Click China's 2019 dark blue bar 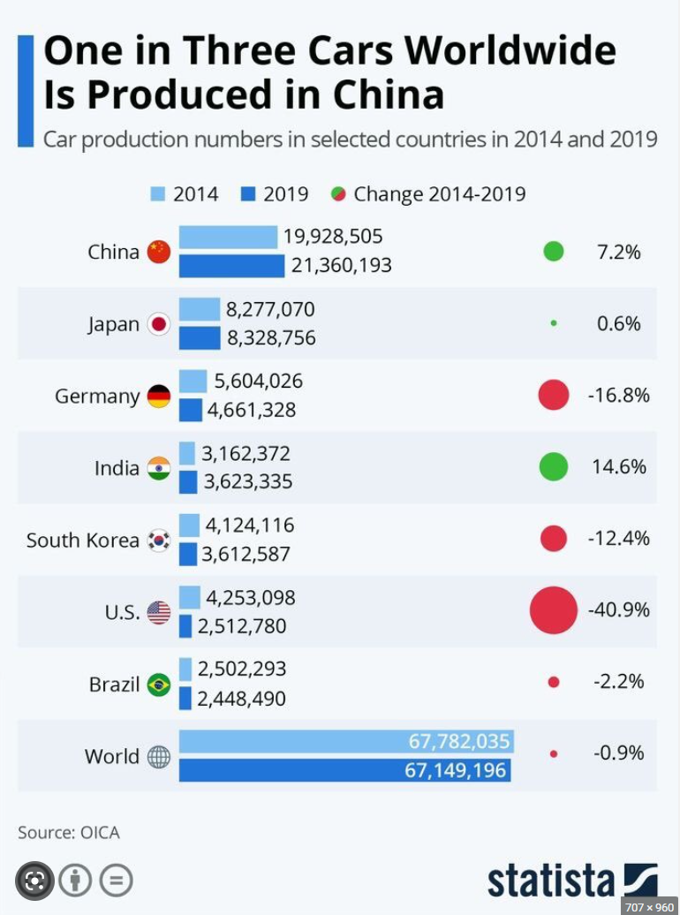pyautogui.click(x=231, y=266)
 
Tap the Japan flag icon pyautogui.click(x=159, y=324)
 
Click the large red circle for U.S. pyautogui.click(x=554, y=609)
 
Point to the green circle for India pyautogui.click(x=554, y=467)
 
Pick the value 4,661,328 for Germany pyautogui.click(x=252, y=410)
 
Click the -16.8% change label pyautogui.click(x=619, y=395)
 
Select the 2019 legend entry pyautogui.click(x=275, y=193)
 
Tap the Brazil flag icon pyautogui.click(x=159, y=684)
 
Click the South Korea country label pyautogui.click(x=83, y=540)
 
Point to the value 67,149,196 pyautogui.click(x=456, y=770)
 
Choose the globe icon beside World pyautogui.click(x=159, y=757)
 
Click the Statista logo pyautogui.click(x=572, y=881)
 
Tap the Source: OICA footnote pyautogui.click(x=69, y=832)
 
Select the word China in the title pyautogui.click(x=389, y=95)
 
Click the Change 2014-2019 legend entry pyautogui.click(x=428, y=193)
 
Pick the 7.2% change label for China pyautogui.click(x=619, y=252)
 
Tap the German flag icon pyautogui.click(x=159, y=397)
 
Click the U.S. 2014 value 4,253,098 pyautogui.click(x=251, y=598)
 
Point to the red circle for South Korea pyautogui.click(x=554, y=538)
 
